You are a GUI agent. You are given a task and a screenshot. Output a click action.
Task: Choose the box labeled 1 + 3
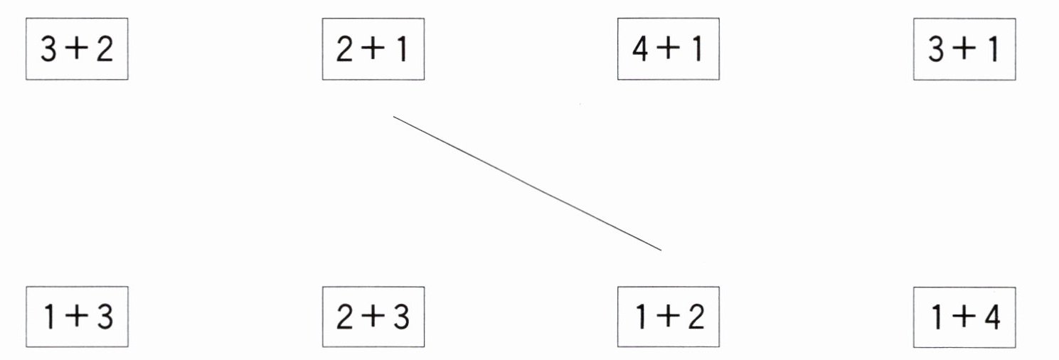point(77,317)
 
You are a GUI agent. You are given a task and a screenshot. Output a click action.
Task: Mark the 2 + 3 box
point(373,317)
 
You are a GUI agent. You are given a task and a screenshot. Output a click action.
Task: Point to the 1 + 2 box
point(669,317)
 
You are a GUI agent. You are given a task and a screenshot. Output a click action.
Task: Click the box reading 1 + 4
point(964,317)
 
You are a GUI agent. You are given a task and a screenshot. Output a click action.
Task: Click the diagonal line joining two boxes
point(527,184)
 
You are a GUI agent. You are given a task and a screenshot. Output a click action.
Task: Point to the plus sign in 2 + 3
point(373,317)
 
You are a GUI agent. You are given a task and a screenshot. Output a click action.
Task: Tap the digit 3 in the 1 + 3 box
point(105,317)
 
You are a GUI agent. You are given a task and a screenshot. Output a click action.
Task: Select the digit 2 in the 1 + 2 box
point(696,317)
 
